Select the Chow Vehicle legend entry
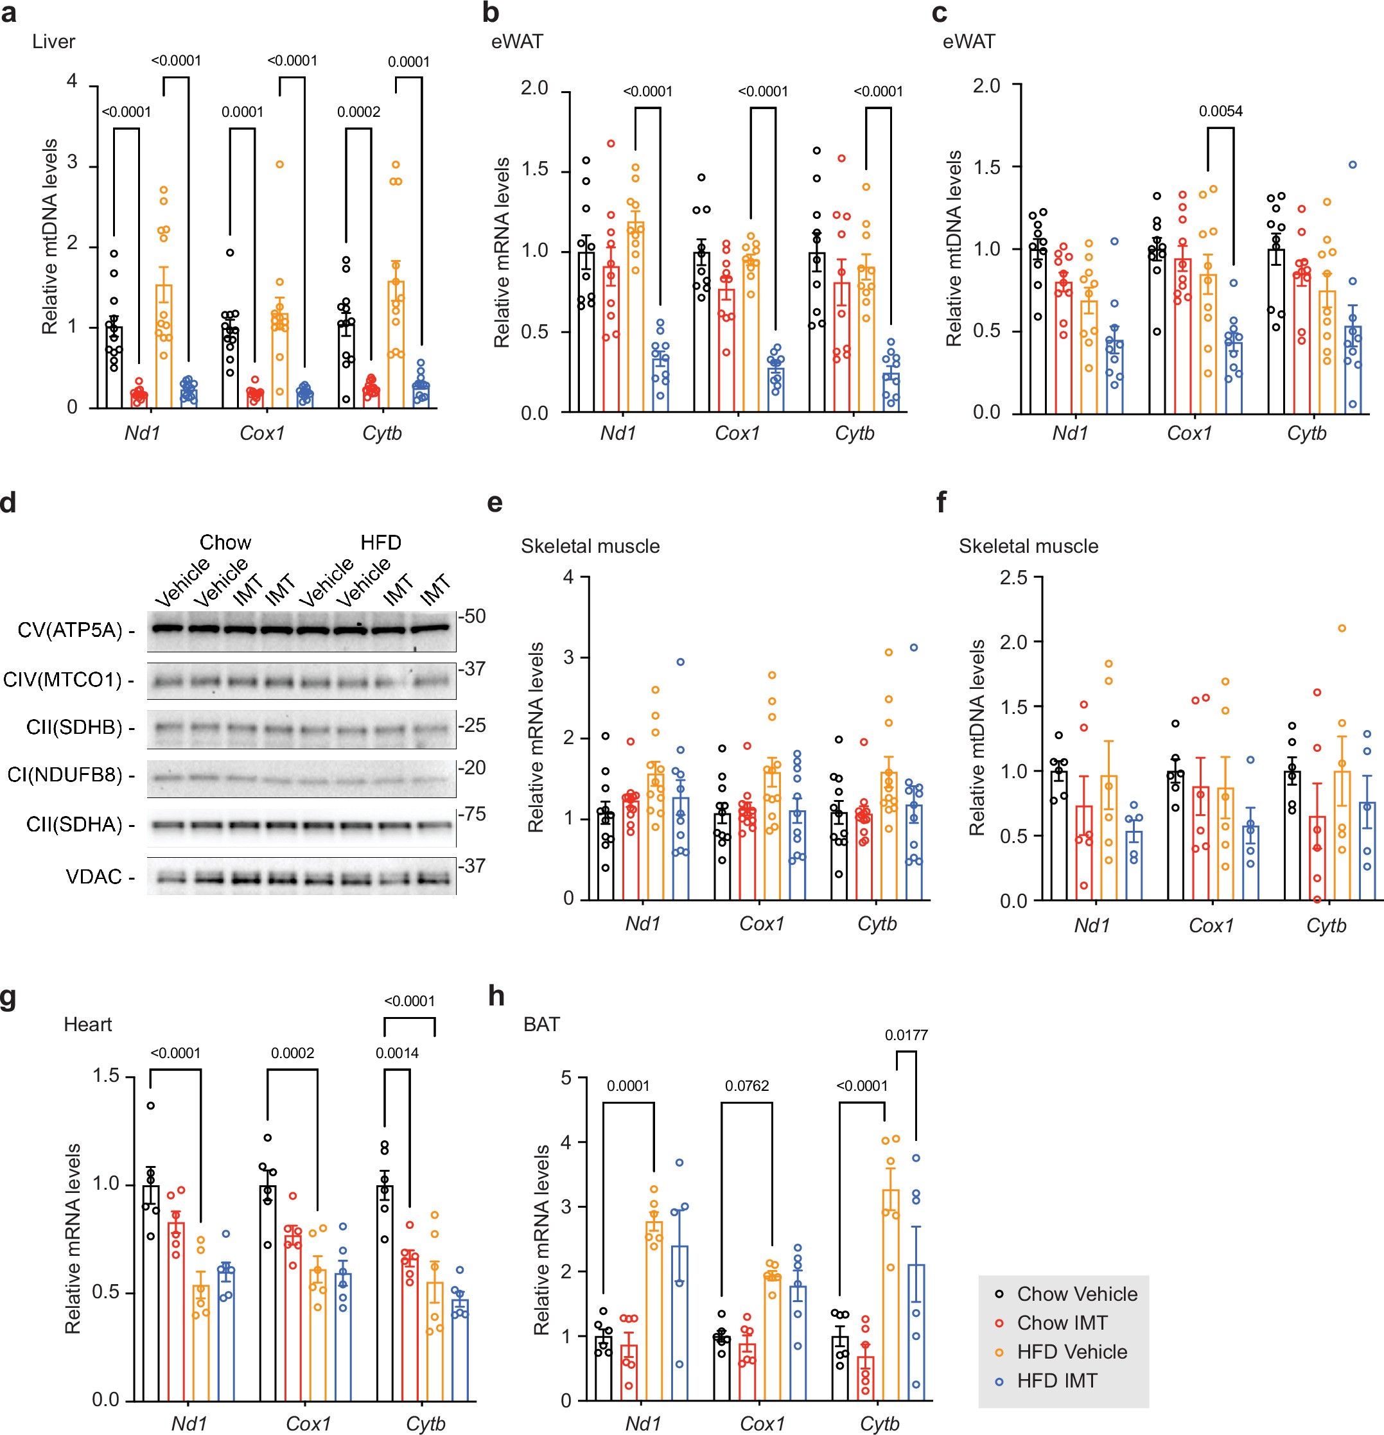pyautogui.click(x=1076, y=1294)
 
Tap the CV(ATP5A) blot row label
pyautogui.click(x=69, y=630)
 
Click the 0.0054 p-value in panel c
pyautogui.click(x=1220, y=111)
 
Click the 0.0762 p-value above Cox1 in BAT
pyautogui.click(x=747, y=1086)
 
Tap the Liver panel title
pyautogui.click(x=53, y=42)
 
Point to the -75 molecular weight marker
pyautogui.click(x=472, y=814)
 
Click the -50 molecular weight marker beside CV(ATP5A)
pyautogui.click(x=472, y=616)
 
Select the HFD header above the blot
pyautogui.click(x=380, y=543)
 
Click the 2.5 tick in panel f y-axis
pyautogui.click(x=1013, y=578)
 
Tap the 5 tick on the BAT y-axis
pyautogui.click(x=565, y=1078)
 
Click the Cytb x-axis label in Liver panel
pyautogui.click(x=381, y=433)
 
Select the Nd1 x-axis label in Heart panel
pyautogui.click(x=189, y=1423)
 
